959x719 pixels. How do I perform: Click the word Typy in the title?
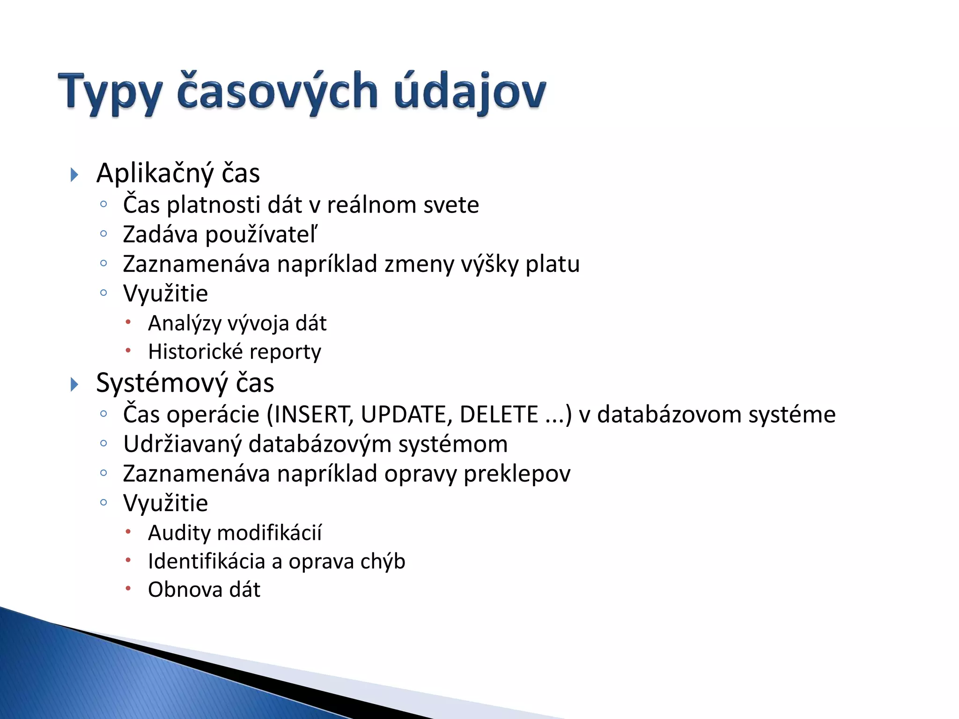coord(111,92)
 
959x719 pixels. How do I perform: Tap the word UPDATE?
coord(406,415)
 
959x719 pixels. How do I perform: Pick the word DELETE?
coord(499,415)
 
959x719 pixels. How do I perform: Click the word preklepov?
coord(517,474)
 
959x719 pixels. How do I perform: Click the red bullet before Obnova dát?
coord(128,588)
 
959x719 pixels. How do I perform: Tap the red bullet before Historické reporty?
coord(128,351)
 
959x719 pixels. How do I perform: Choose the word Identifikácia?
coord(207,562)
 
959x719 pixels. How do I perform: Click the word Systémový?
coord(162,383)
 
